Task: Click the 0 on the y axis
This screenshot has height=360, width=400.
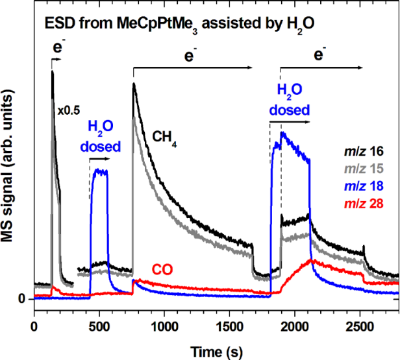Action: tap(21, 299)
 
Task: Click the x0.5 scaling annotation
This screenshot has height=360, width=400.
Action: tap(68, 111)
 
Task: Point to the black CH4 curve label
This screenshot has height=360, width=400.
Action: tap(165, 136)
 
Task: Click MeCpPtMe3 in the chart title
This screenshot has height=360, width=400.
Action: tap(163, 25)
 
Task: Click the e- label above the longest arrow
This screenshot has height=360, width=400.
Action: tap(190, 57)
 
